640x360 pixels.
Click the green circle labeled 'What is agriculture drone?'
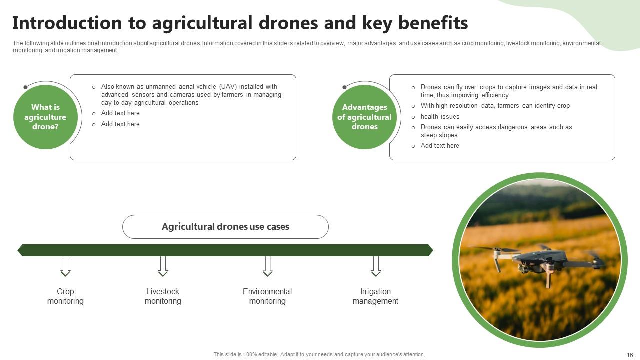click(x=45, y=117)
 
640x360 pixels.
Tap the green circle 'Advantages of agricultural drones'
click(x=364, y=117)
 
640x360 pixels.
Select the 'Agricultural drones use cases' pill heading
click(x=225, y=227)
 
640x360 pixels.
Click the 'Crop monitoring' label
click(x=65, y=296)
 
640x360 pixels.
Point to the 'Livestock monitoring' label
click(x=163, y=296)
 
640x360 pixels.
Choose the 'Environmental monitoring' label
click(x=267, y=296)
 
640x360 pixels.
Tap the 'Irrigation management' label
click(x=375, y=296)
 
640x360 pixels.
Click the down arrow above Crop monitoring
click(x=65, y=266)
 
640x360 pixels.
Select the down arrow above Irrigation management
click(x=376, y=266)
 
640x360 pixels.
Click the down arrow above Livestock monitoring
click(x=163, y=266)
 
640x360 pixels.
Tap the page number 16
click(x=629, y=355)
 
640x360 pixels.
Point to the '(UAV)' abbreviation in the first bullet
click(x=228, y=87)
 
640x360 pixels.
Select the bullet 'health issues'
click(x=440, y=117)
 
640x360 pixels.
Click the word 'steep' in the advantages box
click(x=428, y=135)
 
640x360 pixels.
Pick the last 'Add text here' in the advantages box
click(x=440, y=146)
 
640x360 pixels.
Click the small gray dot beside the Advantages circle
click(x=344, y=87)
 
